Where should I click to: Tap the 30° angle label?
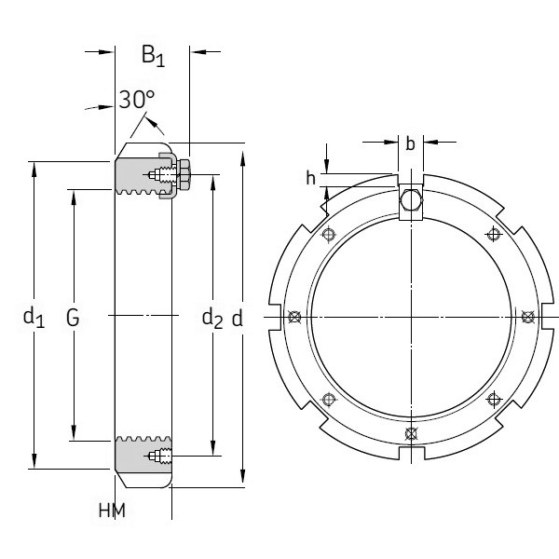point(136,100)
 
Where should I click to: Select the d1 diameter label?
point(34,318)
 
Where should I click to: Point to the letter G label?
point(73,318)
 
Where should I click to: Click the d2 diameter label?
point(212,318)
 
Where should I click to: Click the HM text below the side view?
point(111,511)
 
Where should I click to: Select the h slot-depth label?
point(310,177)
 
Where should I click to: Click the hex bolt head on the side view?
point(183,174)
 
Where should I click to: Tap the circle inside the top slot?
point(411,199)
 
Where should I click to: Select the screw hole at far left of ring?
point(294,317)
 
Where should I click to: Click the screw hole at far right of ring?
point(527,317)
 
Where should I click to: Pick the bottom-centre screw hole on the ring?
point(411,433)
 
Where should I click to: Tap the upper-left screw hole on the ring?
point(327,235)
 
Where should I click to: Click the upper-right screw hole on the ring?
point(494,235)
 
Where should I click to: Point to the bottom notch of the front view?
point(411,452)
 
